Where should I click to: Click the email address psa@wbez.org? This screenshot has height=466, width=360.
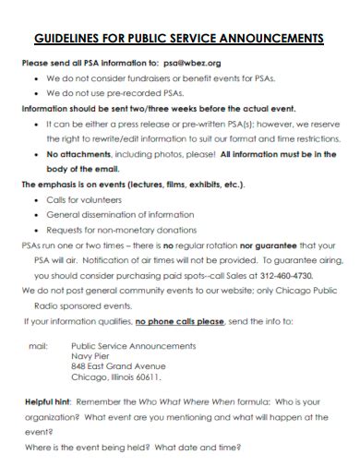191,63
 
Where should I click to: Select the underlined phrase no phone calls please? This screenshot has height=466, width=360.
179,321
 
